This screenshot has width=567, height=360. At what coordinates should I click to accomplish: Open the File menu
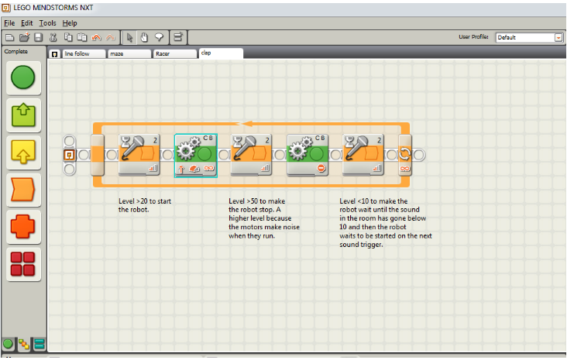[x=9, y=23]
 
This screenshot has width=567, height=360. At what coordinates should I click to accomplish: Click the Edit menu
[x=26, y=23]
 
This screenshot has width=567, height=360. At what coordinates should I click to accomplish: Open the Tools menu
[x=47, y=23]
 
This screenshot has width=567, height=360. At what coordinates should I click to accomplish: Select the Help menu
[x=70, y=23]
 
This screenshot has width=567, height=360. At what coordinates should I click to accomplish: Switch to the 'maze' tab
[x=128, y=54]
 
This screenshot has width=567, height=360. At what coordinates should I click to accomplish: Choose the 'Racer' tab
[x=173, y=54]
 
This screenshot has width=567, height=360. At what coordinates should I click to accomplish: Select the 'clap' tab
[x=220, y=53]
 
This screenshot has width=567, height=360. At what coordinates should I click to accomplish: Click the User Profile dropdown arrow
[x=558, y=37]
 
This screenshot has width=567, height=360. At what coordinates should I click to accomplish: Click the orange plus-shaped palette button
[x=24, y=228]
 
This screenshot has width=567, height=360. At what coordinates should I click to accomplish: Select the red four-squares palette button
[x=24, y=266]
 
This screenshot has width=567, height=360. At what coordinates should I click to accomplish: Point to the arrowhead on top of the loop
[x=243, y=122]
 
